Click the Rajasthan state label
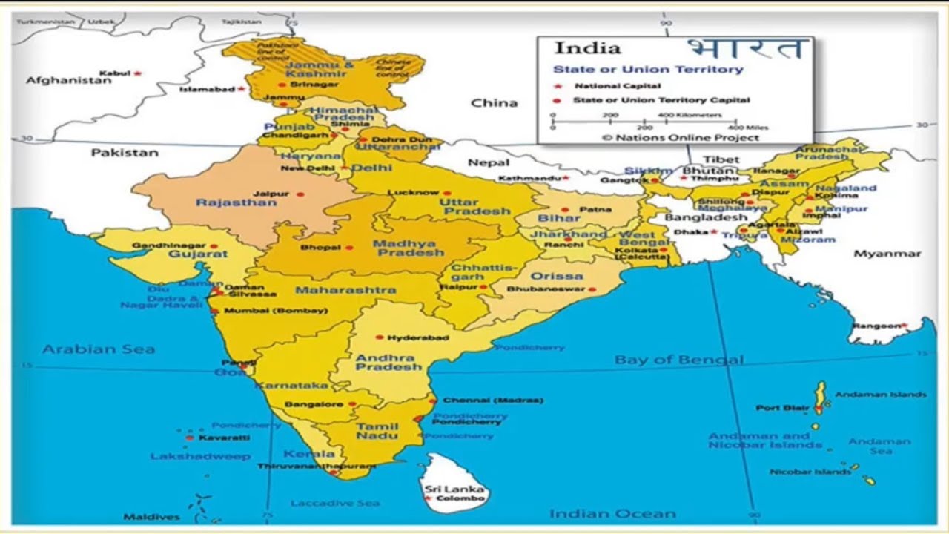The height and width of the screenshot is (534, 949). pos(236,202)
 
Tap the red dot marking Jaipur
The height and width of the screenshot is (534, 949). pos(300,194)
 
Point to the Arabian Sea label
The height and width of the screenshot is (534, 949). pos(99,349)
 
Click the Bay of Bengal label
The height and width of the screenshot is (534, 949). pos(678,360)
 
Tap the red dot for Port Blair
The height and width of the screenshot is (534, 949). pos(818,409)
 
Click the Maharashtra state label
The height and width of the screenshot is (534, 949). pos(345,289)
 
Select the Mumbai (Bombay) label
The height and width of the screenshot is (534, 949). pos(275,311)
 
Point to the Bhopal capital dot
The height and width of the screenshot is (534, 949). pos(349,248)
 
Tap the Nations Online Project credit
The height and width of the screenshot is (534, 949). pos(680,137)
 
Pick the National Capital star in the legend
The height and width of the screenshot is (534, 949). pos(558,85)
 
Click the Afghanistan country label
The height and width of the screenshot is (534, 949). pos(69,80)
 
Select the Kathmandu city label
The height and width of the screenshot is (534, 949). pos(528,178)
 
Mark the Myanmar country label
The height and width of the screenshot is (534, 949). pos(887,254)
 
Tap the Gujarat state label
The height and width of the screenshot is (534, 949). pos(198,254)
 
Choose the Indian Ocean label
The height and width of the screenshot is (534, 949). pos(612,513)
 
